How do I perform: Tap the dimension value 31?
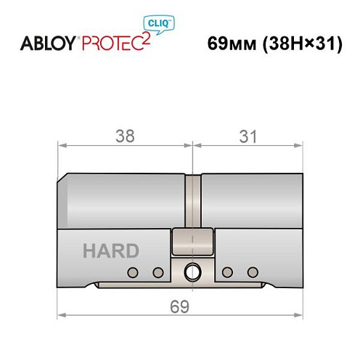click(x=247, y=135)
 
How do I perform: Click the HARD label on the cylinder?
click(x=110, y=251)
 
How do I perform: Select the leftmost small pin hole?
click(x=133, y=272)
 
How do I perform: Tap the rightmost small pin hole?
click(x=253, y=272)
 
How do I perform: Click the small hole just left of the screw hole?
click(x=157, y=272)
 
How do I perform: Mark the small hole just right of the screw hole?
click(x=228, y=272)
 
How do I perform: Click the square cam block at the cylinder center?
click(x=192, y=241)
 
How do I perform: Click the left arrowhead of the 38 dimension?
click(x=62, y=145)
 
